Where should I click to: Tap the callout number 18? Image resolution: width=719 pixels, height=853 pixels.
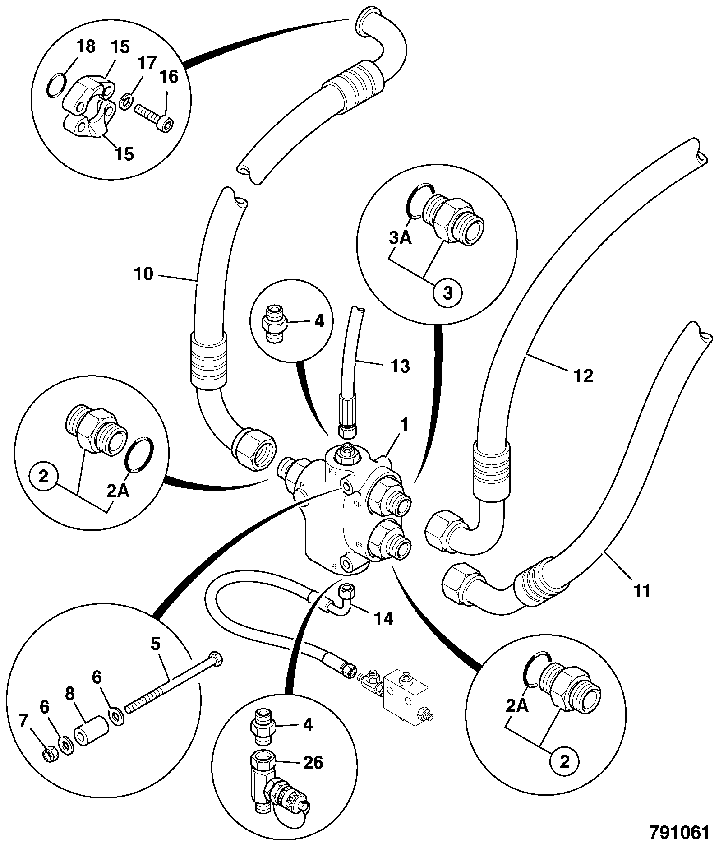pyautogui.click(x=86, y=47)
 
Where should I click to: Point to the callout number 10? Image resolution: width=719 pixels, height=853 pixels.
pyautogui.click(x=144, y=274)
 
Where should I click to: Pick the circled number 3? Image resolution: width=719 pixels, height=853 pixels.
pyautogui.click(x=447, y=293)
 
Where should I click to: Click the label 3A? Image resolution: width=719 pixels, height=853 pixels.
pyautogui.click(x=400, y=237)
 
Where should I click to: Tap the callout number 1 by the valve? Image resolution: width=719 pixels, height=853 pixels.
pyautogui.click(x=405, y=425)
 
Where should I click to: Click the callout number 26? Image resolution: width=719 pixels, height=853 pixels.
pyautogui.click(x=313, y=763)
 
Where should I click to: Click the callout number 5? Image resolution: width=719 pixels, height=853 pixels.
pyautogui.click(x=156, y=644)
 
